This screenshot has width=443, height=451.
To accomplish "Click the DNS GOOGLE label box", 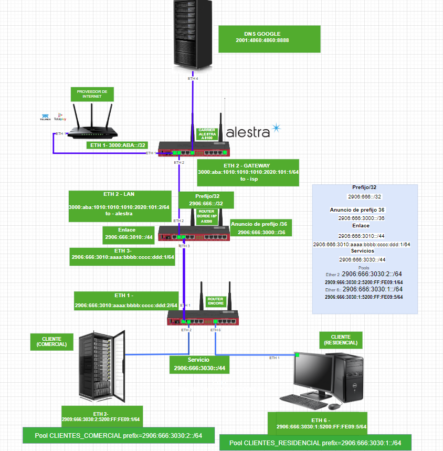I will coord(262,38).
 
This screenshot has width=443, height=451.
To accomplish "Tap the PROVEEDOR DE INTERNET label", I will coord(92,94).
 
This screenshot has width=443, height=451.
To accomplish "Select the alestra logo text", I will coord(248,132).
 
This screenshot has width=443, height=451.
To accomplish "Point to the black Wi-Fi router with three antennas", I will coord(92,123).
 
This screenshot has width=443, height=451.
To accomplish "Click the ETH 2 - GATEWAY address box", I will coord(248,172).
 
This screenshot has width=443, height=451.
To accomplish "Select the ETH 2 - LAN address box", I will coord(119,203).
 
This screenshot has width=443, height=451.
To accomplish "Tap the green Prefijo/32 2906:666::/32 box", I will coord(205,200).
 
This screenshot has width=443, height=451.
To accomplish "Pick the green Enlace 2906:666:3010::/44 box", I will coord(129,233).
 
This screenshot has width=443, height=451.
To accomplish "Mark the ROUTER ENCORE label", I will coord(215,301).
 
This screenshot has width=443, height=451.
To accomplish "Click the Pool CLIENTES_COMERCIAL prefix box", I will coord(118,435).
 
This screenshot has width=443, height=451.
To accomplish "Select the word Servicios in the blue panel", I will coord(363,251).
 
